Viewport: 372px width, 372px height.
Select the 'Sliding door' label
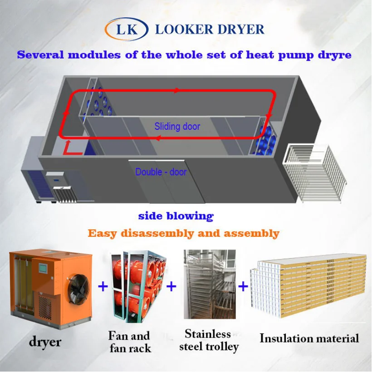click(x=177, y=126)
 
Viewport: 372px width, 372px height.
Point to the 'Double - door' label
click(x=161, y=172)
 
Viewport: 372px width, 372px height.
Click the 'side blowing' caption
click(x=176, y=216)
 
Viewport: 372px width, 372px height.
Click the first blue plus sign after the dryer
click(x=103, y=286)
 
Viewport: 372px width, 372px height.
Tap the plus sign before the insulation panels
click(x=243, y=286)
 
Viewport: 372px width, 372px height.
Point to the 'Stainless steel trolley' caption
click(x=209, y=340)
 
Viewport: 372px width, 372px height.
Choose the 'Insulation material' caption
click(x=309, y=338)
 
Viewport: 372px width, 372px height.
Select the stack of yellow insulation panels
click(x=308, y=284)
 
